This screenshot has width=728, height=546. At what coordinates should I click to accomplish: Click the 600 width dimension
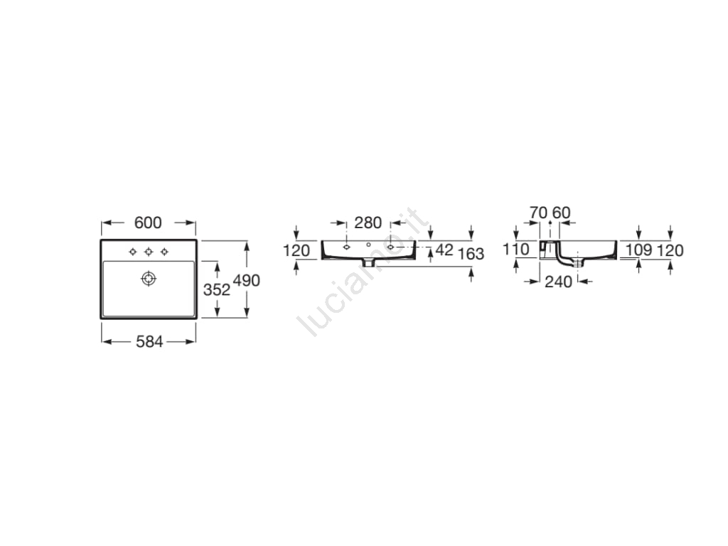[x=148, y=223]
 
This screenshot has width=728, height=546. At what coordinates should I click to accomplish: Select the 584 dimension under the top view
[x=149, y=342]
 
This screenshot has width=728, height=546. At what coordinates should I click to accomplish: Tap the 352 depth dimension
[x=217, y=290]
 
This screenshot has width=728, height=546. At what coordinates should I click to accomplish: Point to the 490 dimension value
[x=247, y=280]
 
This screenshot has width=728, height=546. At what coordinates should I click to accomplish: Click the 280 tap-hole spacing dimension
[x=368, y=223]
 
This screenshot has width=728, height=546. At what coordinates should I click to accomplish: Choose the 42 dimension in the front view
[x=444, y=250]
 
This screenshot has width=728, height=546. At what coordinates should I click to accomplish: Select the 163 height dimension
[x=471, y=254]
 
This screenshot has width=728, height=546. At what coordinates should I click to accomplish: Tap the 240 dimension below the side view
[x=559, y=282]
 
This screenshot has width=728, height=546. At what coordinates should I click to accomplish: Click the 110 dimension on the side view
[x=516, y=250]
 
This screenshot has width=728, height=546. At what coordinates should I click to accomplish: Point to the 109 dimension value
[x=639, y=250]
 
